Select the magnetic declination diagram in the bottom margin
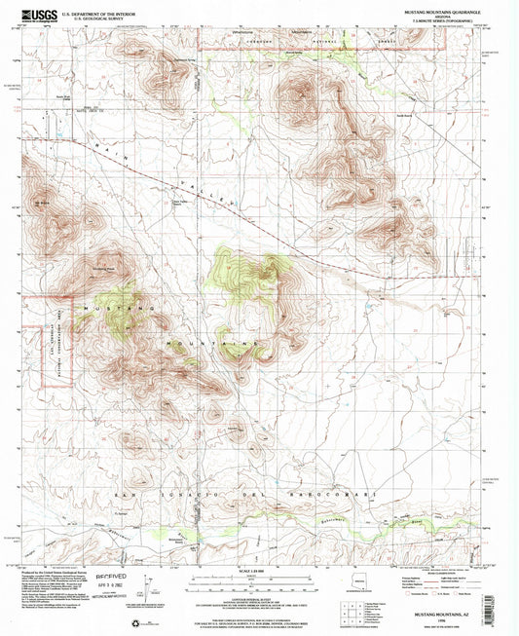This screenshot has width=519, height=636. [x=152, y=587]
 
